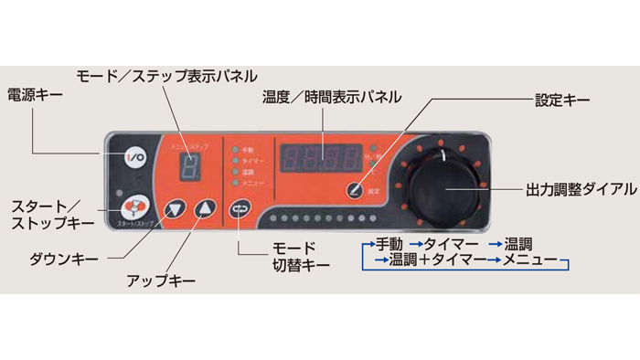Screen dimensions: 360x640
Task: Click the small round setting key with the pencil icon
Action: click(353, 190)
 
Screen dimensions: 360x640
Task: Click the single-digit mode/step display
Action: click(189, 165)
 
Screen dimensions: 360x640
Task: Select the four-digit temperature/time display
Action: click(319, 157)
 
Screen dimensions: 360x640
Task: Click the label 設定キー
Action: click(561, 100)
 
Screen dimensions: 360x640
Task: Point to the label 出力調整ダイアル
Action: click(580, 190)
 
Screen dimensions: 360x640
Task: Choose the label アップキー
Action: click(160, 283)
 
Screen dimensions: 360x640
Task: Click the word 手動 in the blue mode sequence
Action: click(387, 244)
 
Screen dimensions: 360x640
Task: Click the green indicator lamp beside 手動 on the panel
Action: click(236, 149)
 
